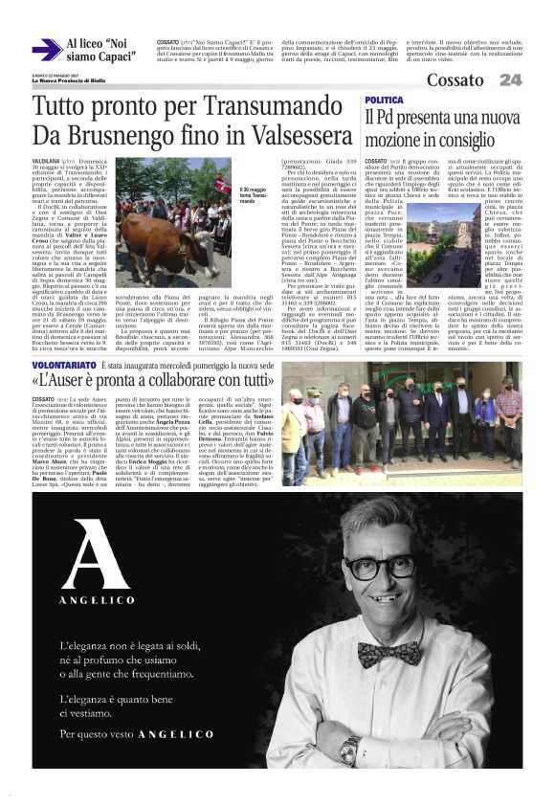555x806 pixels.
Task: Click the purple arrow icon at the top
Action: [46, 50]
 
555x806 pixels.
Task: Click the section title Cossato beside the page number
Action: [455, 80]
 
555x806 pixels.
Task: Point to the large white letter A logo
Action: [94, 554]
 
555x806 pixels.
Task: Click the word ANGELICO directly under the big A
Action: [93, 601]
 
